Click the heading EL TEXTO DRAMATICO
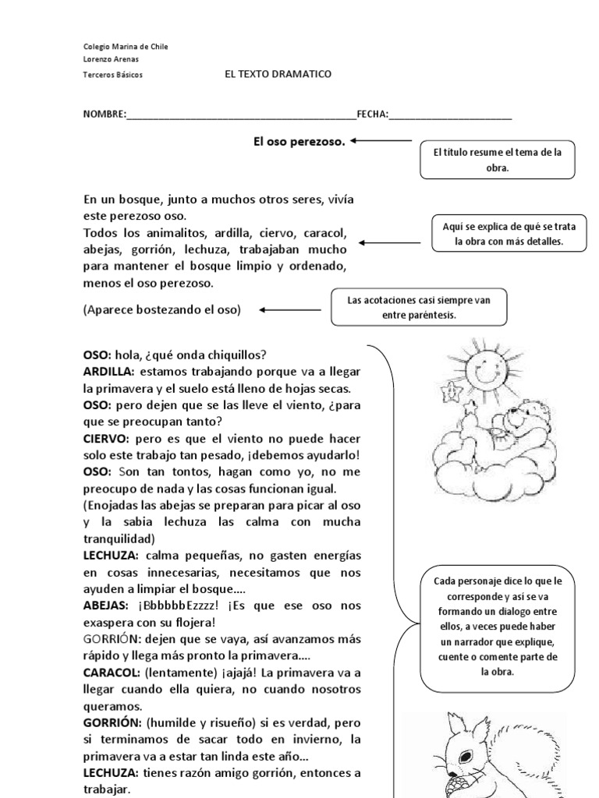tap(278, 74)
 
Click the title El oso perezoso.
tap(299, 141)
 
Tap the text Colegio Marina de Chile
tap(125, 47)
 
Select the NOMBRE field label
tap(105, 114)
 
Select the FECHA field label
tap(372, 114)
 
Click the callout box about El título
tap(497, 161)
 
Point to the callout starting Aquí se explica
tap(509, 234)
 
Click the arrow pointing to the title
tap(381, 141)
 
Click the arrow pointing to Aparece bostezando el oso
tap(289, 309)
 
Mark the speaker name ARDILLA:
tap(109, 371)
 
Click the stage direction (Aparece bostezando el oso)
tap(162, 309)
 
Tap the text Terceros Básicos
tap(112, 75)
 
